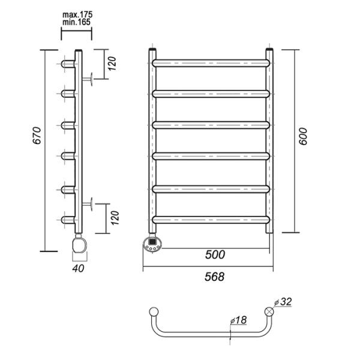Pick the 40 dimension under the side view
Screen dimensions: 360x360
pos(78,270)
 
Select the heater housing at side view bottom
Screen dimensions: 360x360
pos(79,245)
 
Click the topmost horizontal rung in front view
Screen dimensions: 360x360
pos(212,61)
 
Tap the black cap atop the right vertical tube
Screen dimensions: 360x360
pos(271,50)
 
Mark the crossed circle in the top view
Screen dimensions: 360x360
pos(269,311)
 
